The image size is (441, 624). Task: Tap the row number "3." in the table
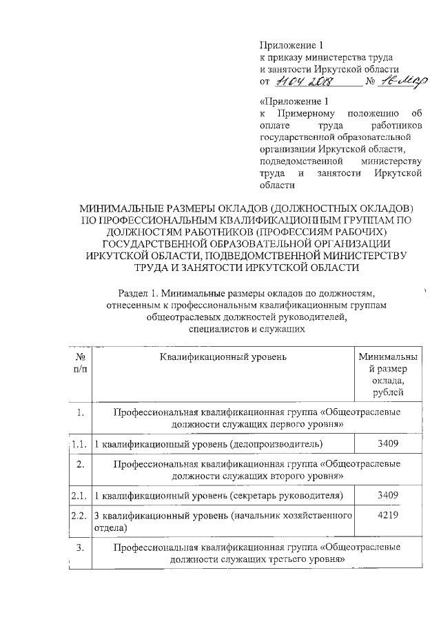(x=81, y=547)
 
